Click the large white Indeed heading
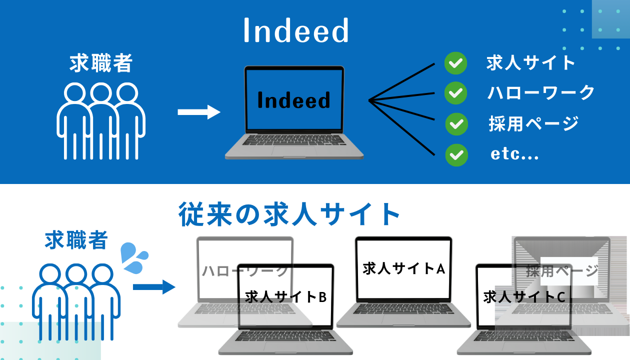295,31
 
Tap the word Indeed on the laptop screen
293,100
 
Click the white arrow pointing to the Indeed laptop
199,112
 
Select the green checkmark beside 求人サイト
455,63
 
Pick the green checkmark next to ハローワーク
455,93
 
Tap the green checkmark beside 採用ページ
456,123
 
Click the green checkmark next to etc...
456,154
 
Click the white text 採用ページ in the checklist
533,123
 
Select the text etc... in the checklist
514,154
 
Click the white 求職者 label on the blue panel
101,63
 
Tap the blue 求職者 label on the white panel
76,240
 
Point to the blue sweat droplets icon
134,258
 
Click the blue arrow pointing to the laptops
154,287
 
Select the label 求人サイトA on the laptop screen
403,268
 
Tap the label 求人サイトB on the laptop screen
285,296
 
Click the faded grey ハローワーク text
245,271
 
